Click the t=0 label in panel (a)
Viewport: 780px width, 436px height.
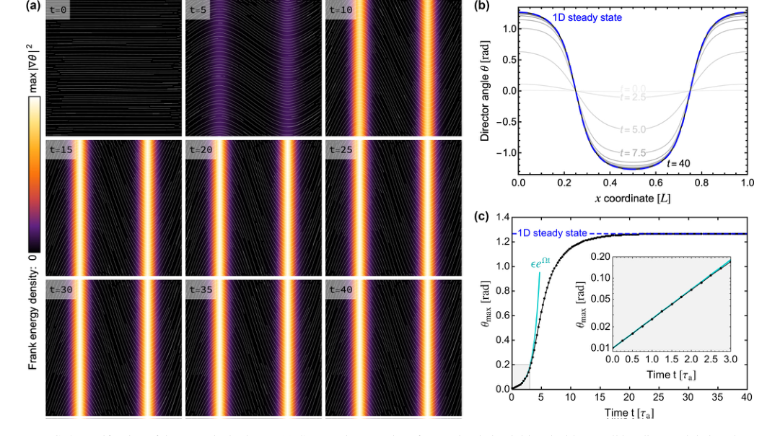58,10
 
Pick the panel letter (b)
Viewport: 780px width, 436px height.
481,6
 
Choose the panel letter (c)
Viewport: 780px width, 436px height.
481,215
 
